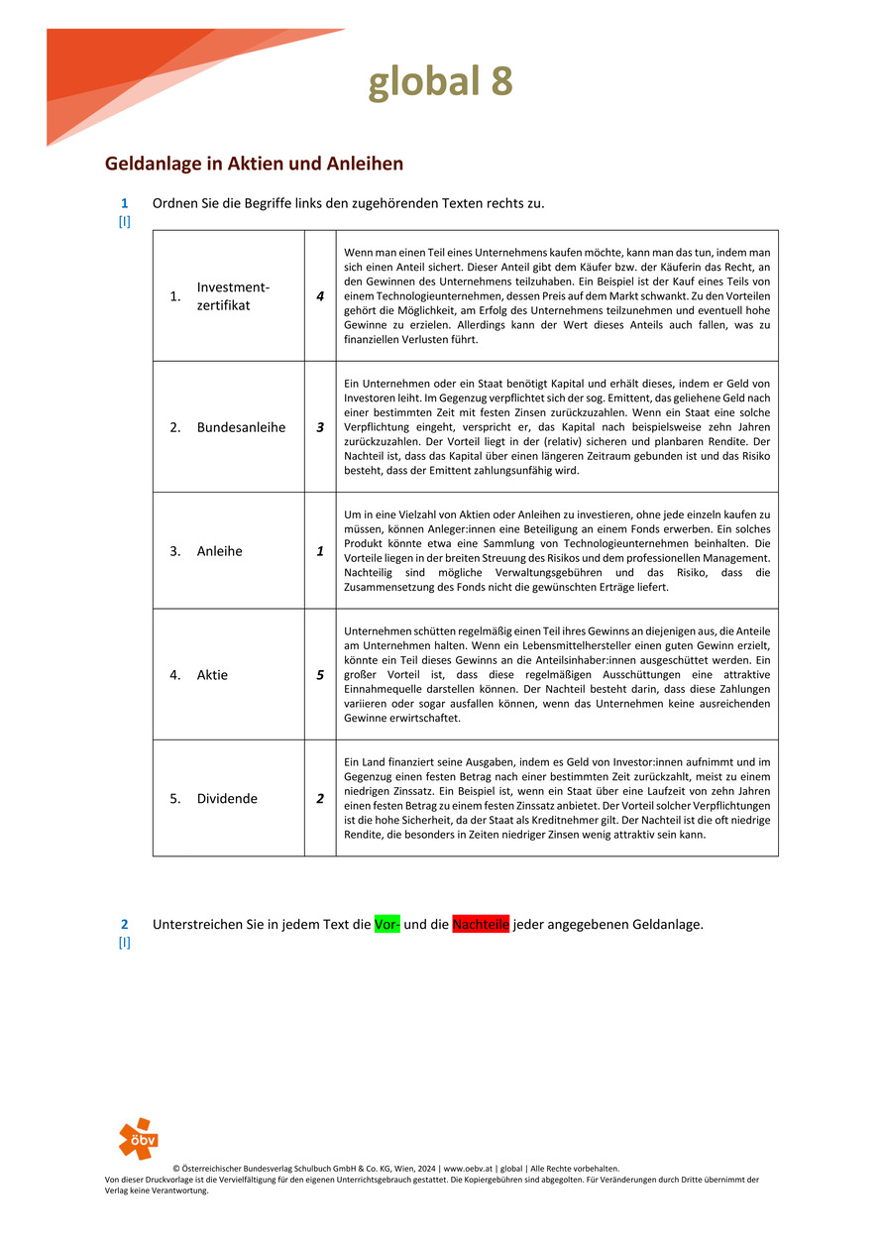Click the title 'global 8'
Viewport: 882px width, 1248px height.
tap(440, 81)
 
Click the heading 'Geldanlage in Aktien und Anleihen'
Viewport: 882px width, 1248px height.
tap(254, 163)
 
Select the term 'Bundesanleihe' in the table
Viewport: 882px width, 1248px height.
tap(241, 427)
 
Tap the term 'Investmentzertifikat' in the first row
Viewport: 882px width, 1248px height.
tap(233, 295)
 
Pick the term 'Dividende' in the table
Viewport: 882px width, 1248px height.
tap(227, 798)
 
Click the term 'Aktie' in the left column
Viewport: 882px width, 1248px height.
tap(212, 675)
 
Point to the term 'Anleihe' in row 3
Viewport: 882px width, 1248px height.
tap(219, 551)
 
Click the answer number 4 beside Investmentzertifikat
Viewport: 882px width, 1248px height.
tap(320, 295)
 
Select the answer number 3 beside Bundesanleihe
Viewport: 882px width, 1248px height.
tap(320, 427)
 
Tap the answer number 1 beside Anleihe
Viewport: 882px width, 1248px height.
tap(320, 551)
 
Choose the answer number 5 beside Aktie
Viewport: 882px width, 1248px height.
tap(320, 675)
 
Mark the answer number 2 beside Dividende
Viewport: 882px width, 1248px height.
tap(320, 798)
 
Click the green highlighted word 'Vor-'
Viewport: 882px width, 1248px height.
tap(386, 925)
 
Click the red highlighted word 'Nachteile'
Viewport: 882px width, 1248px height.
tap(481, 925)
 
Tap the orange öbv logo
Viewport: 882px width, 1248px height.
tap(138, 1138)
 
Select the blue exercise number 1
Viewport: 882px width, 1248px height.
tap(125, 203)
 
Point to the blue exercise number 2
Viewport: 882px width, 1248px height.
tap(125, 924)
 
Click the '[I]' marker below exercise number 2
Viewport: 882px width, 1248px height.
tap(125, 943)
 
